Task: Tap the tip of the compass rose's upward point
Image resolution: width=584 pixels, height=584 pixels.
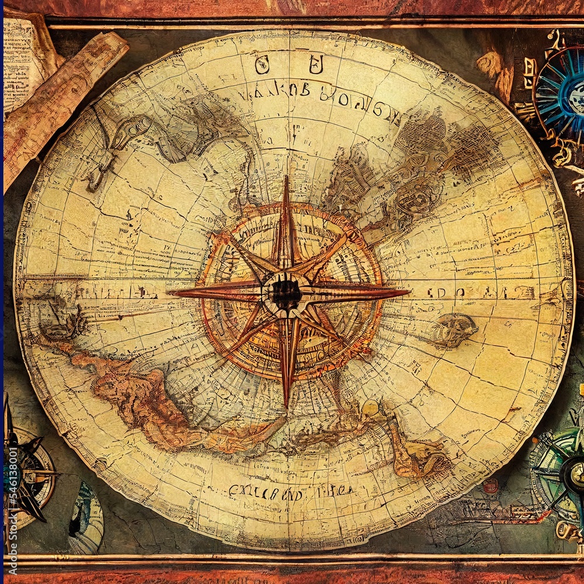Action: (286, 177)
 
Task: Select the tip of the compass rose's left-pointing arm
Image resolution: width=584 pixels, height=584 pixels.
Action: (169, 291)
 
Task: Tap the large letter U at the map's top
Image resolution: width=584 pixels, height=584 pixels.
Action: (316, 64)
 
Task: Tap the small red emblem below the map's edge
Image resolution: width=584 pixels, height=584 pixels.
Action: (491, 486)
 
